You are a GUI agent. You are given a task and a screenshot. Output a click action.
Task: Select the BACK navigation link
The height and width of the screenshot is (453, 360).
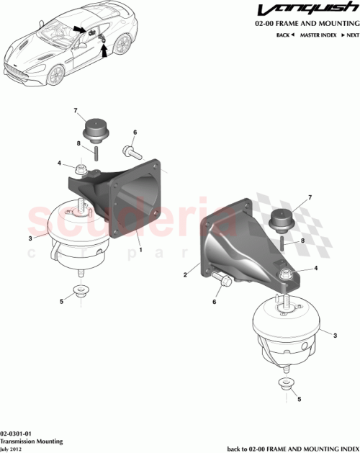pos(285,35)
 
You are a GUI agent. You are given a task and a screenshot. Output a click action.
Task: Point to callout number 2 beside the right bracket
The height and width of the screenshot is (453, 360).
pos(186,274)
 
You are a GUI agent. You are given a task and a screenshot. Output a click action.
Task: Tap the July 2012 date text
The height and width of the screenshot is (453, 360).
pos(13,448)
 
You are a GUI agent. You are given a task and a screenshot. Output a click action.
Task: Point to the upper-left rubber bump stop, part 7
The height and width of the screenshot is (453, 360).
pos(93,132)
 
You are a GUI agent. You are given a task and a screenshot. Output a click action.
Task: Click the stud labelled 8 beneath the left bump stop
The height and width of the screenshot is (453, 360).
pos(94,154)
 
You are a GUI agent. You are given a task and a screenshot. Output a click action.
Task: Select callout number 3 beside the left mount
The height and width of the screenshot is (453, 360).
pos(29,238)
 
